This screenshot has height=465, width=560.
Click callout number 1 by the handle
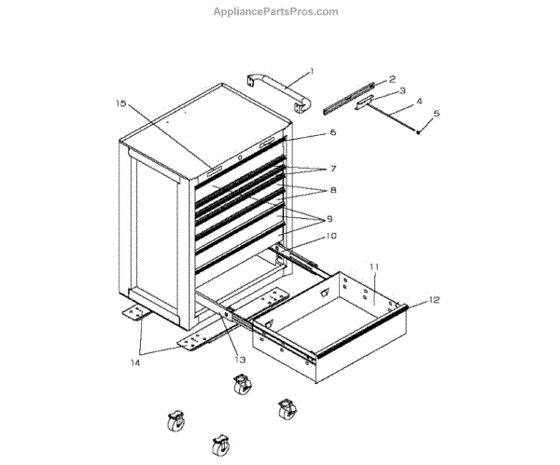coord(312,71)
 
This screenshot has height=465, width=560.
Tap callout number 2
coord(392,79)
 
